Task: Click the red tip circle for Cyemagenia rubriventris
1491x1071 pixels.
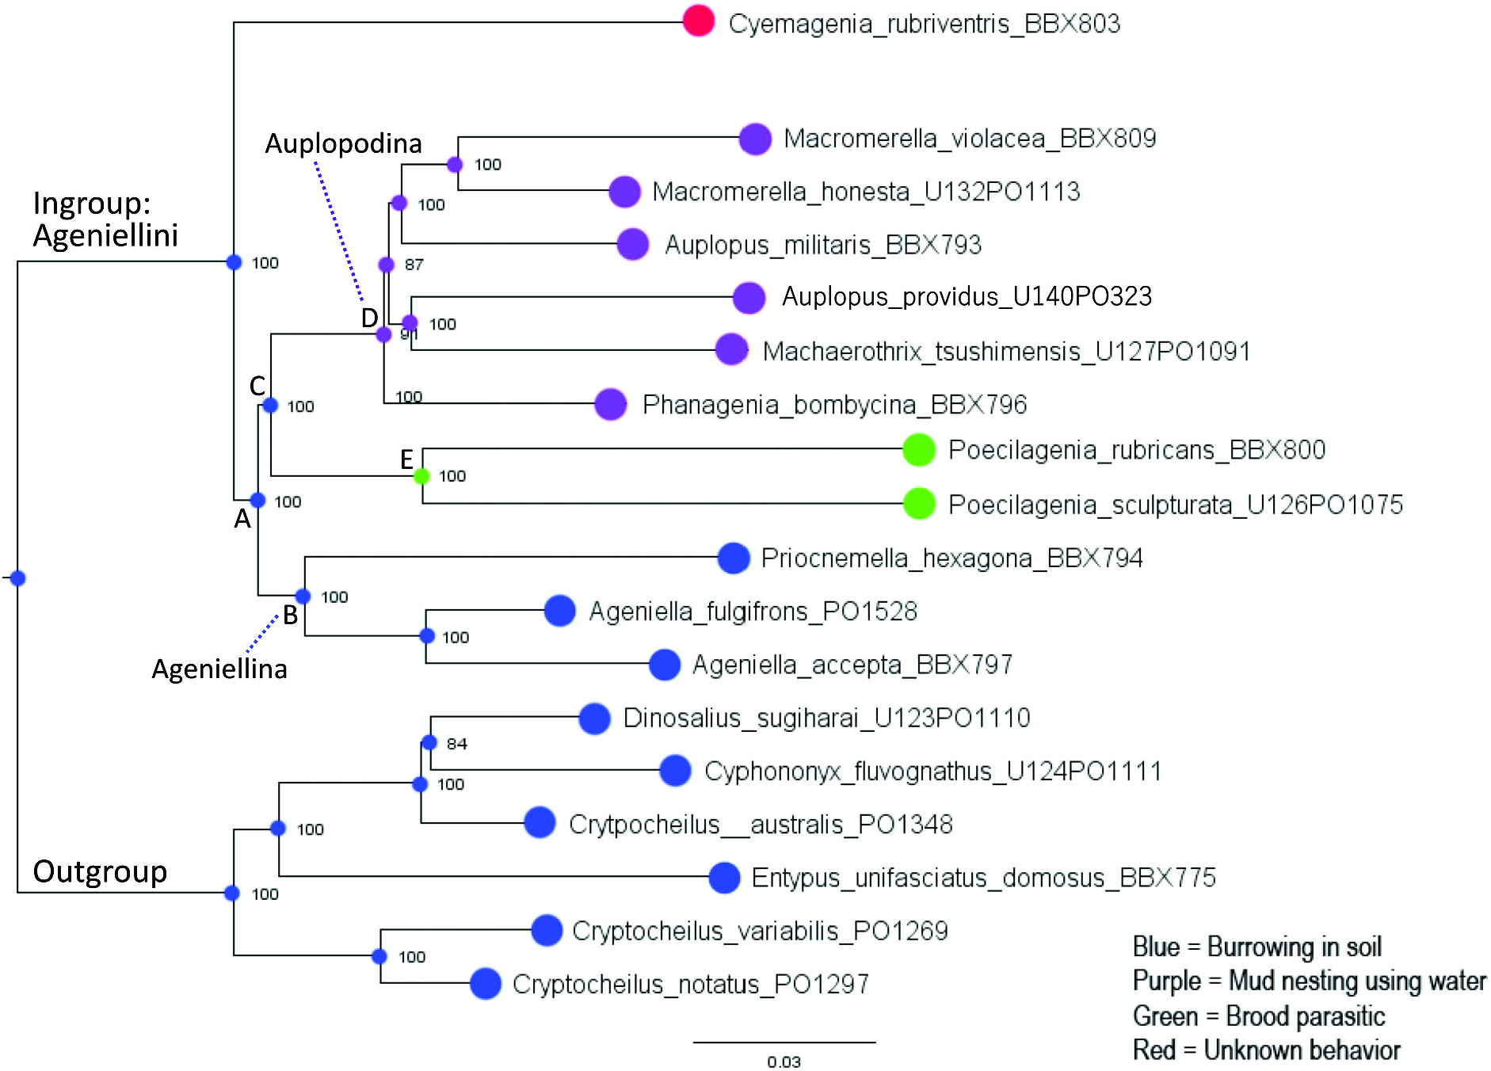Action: pyautogui.click(x=698, y=21)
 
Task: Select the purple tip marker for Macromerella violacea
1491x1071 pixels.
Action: pyautogui.click(x=755, y=139)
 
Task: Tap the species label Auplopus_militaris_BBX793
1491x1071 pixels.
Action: pyautogui.click(x=823, y=245)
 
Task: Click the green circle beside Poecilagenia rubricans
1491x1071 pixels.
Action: pyautogui.click(x=919, y=450)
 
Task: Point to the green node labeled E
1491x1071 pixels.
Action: pyautogui.click(x=422, y=476)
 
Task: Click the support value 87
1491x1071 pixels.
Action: pyautogui.click(x=414, y=265)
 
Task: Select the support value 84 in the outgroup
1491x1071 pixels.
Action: pyautogui.click(x=456, y=744)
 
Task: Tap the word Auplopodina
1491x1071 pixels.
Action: pyautogui.click(x=343, y=143)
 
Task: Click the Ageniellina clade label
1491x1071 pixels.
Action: pyautogui.click(x=219, y=669)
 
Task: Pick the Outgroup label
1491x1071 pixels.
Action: pyautogui.click(x=100, y=871)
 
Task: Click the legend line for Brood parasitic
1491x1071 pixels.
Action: pyautogui.click(x=1258, y=1016)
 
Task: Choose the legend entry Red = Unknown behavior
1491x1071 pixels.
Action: pyautogui.click(x=1266, y=1050)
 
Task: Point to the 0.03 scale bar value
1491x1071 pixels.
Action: pyautogui.click(x=784, y=1061)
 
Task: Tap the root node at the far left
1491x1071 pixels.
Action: pyautogui.click(x=17, y=578)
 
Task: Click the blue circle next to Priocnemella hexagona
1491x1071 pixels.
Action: pyautogui.click(x=734, y=558)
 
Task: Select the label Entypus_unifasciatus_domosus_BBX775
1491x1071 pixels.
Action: pyautogui.click(x=983, y=878)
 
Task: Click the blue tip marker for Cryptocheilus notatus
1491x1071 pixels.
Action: pyautogui.click(x=486, y=984)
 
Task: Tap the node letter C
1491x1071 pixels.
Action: pyautogui.click(x=257, y=387)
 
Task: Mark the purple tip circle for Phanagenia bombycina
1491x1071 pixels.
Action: pyautogui.click(x=611, y=405)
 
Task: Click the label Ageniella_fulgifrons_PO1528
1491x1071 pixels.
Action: pyautogui.click(x=753, y=612)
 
